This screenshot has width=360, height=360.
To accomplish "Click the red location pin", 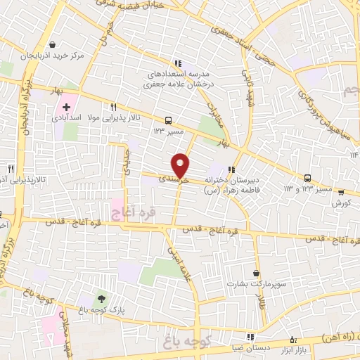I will (x=181, y=164).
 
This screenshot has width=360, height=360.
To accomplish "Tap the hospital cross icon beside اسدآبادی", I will (x=66, y=107).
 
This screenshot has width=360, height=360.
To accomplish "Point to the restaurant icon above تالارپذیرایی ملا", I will (x=112, y=107).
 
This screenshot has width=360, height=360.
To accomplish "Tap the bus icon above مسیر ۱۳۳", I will (x=168, y=120).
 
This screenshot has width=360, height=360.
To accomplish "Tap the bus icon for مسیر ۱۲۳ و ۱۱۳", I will (x=307, y=178).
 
